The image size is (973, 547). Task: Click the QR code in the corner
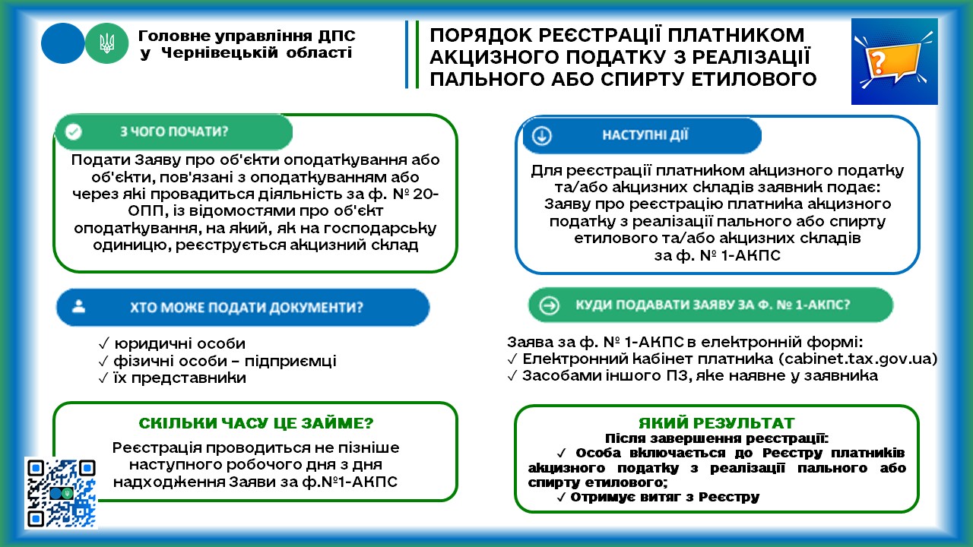coord(61,492)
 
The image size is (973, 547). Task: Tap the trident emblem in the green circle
coord(107,43)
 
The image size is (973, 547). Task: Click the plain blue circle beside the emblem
coord(62,43)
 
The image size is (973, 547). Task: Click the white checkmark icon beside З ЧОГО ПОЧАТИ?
coord(74,131)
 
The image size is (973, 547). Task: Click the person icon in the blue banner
coord(80,308)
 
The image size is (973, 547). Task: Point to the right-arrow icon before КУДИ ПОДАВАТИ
coord(549,305)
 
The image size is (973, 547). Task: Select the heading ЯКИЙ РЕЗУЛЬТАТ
coord(717,423)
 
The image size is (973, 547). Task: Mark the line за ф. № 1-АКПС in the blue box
coord(718,255)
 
